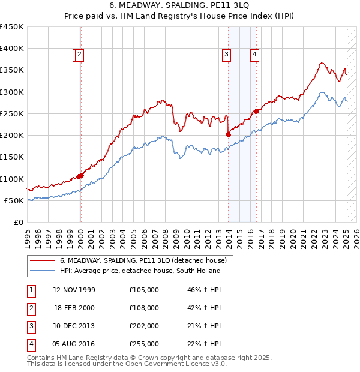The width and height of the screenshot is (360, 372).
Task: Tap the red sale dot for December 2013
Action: coord(228,134)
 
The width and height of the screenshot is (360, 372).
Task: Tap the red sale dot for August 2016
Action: coord(256,111)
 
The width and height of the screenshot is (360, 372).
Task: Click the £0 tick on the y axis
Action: coord(19,222)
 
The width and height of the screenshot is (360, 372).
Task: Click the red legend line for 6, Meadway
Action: coord(42,261)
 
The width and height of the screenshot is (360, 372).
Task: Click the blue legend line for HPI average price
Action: coord(42,271)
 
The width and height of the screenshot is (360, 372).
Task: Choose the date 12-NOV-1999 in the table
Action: coord(74,290)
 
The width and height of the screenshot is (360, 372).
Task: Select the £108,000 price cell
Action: coord(144,308)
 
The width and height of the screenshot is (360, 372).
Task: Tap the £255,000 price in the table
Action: coord(144,344)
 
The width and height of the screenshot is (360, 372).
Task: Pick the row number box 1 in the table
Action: coord(31,290)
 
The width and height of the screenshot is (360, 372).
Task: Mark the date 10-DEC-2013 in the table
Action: coord(74,326)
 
